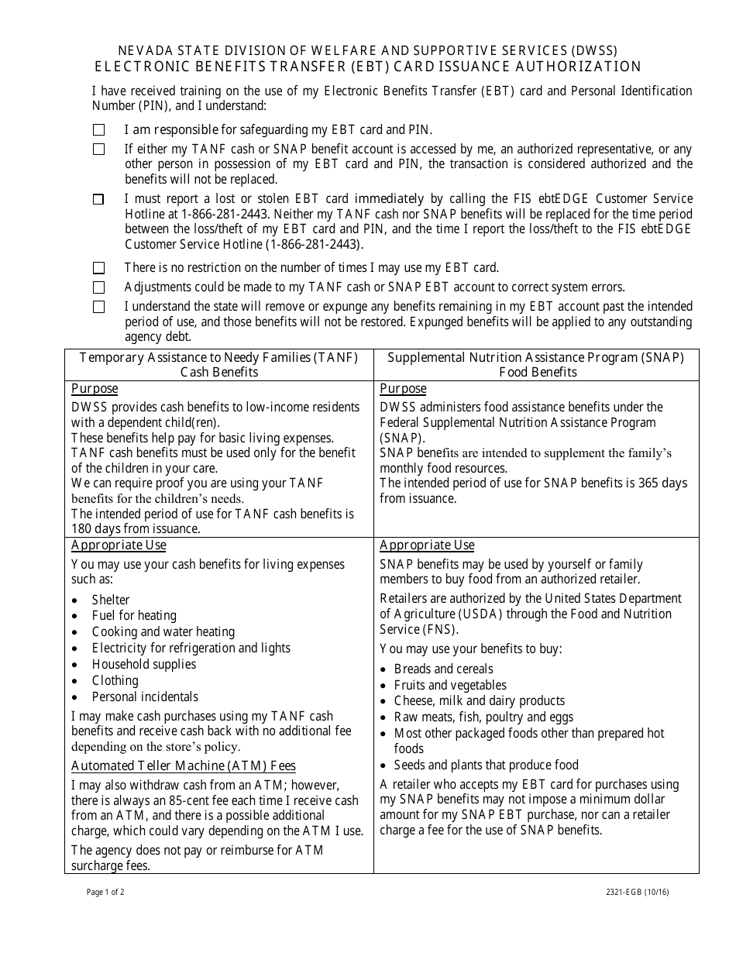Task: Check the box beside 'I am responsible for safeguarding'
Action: pos(99,130)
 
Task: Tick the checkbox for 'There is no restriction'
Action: pos(99,268)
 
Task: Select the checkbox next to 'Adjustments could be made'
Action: pos(99,287)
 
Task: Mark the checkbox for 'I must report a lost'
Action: pos(99,199)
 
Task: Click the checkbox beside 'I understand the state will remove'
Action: pos(99,307)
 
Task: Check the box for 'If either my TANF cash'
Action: pos(99,150)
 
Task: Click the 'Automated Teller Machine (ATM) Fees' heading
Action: pos(184,765)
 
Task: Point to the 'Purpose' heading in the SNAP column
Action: pos(403,389)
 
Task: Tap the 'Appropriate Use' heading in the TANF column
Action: pos(119,545)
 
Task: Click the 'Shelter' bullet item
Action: pos(111,600)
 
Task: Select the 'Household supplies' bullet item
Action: pos(144,664)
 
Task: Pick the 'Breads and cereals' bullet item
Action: pos(443,669)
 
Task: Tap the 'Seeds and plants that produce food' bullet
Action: pos(486,765)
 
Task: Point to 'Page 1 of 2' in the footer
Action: pos(105,892)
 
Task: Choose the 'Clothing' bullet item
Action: pos(115,680)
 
